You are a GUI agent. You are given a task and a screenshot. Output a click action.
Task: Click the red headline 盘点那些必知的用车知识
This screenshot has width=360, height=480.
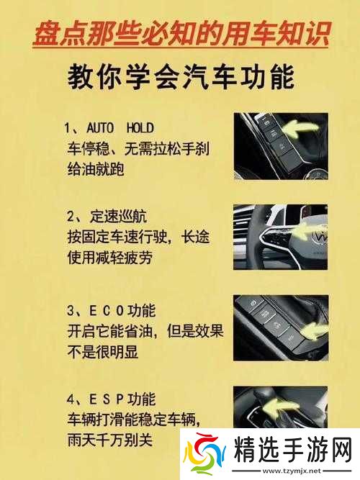pos(181,33)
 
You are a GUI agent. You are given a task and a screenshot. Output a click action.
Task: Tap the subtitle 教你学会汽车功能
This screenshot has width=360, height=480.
pos(181,76)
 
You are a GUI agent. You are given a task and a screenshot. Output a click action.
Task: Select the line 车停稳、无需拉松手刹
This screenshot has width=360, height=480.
pos(138,150)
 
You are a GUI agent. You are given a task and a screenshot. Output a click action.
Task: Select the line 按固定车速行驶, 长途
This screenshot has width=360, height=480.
pos(143,236)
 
